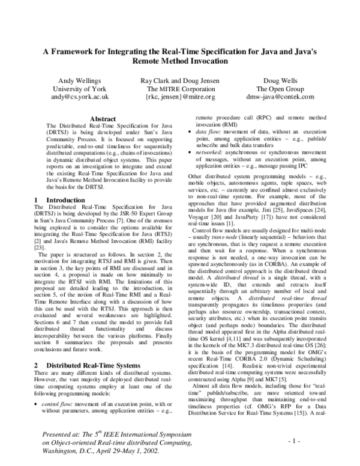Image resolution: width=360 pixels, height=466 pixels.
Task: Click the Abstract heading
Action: click(98, 119)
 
